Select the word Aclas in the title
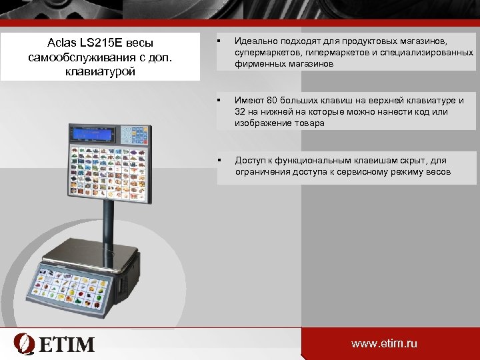click(61, 43)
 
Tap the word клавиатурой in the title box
click(100, 71)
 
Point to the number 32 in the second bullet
click(241, 112)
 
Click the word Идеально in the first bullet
click(256, 41)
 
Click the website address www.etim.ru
click(385, 344)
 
